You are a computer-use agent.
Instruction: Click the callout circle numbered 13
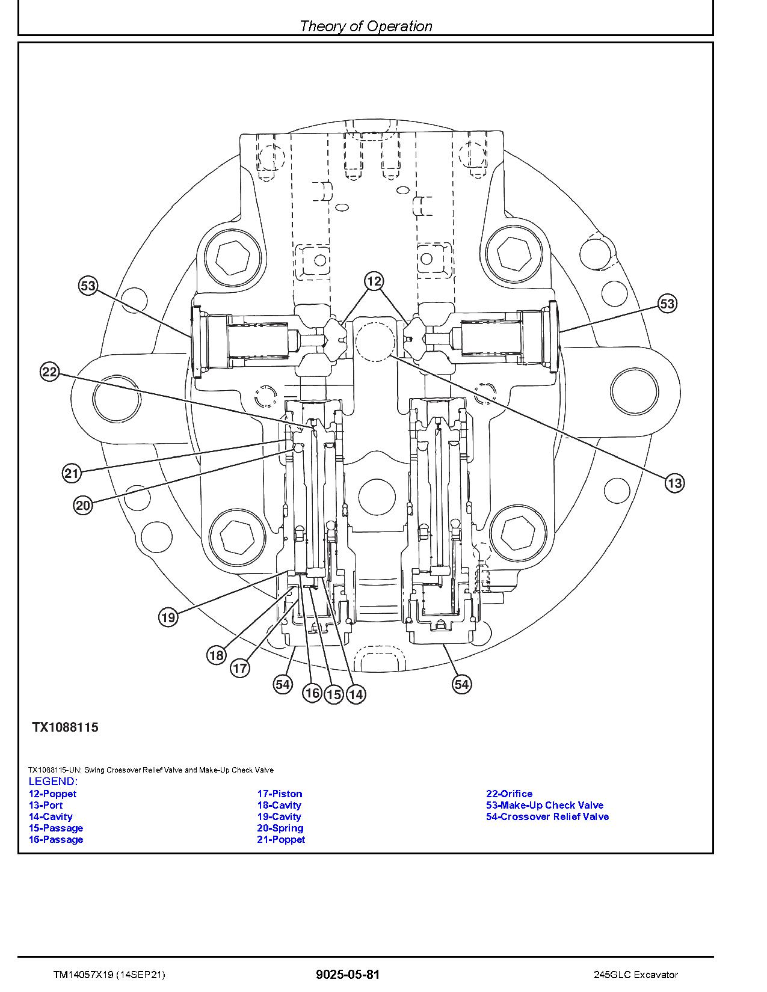674,483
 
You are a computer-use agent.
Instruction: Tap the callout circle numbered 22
51,372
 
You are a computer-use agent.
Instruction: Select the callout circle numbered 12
374,281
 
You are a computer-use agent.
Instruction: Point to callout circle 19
168,617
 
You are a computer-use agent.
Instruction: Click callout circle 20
82,506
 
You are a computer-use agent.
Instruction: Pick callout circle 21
72,473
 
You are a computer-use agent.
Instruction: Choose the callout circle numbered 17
240,669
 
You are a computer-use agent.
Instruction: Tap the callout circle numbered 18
216,655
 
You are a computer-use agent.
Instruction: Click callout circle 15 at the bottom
334,695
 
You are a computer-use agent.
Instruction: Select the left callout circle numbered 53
88,286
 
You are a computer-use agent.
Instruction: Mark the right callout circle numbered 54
461,684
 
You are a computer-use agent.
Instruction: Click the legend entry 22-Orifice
509,794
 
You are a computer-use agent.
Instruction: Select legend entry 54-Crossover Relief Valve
547,816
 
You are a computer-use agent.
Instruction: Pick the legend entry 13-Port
46,805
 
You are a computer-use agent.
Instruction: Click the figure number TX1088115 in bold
65,727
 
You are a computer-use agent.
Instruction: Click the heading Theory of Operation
366,26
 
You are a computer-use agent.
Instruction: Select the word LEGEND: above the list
53,782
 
